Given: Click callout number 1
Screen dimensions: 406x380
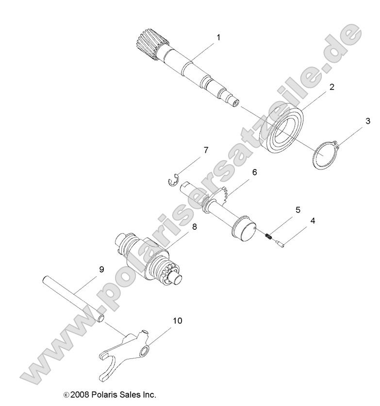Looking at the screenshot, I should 218,37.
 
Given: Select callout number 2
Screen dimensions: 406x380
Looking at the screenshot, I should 318,87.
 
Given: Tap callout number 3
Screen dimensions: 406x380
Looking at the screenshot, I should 368,120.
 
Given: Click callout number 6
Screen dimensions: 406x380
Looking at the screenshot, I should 254,172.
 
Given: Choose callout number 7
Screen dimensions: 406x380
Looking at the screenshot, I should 206,150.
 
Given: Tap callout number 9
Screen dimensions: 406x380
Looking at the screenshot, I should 101,269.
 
